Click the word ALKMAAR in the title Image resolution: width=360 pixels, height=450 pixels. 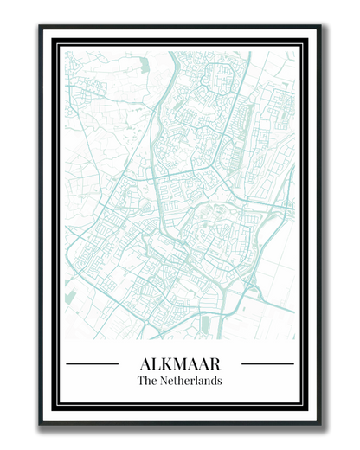point(180,363)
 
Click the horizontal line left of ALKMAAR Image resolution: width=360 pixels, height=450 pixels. point(93,364)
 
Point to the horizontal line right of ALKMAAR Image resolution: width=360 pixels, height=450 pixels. point(267,364)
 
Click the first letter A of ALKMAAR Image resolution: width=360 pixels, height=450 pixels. point(145,363)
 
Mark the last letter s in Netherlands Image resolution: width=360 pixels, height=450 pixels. point(220,381)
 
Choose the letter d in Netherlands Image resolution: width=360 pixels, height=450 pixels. point(214,381)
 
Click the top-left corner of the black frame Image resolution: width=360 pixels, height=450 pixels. point(40,27)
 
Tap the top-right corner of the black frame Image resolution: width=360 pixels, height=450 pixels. point(319,27)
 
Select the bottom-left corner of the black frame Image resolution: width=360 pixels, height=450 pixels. point(40,424)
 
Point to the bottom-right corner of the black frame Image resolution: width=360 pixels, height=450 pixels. point(319,424)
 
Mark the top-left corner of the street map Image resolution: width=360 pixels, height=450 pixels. point(65,51)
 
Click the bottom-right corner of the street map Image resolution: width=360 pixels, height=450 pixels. point(295,338)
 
